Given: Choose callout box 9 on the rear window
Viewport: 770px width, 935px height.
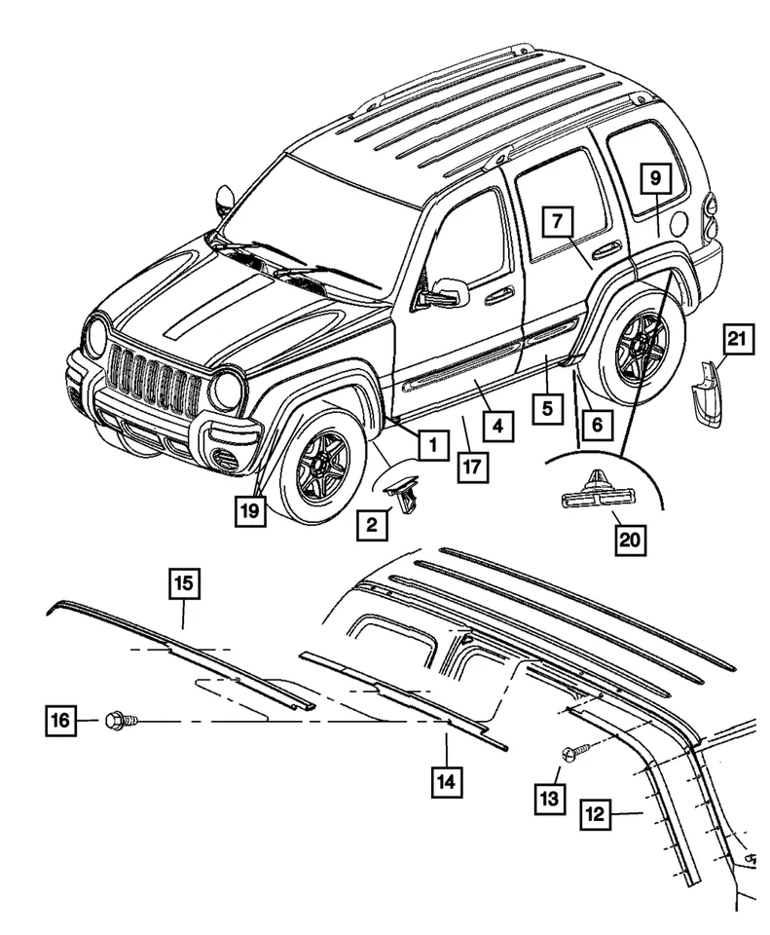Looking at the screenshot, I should pyautogui.click(x=655, y=178).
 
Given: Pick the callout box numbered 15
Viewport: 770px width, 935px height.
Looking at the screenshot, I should pyautogui.click(x=184, y=584).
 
